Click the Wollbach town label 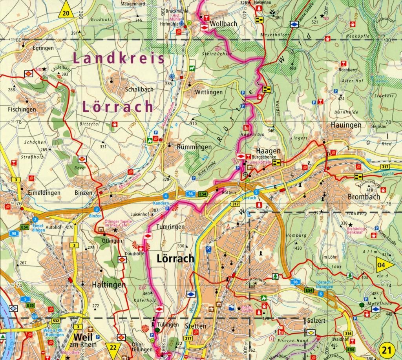click(x=224, y=24)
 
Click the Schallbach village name click(x=139, y=89)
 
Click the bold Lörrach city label click(x=175, y=259)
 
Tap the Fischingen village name click(x=22, y=110)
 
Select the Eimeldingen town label click(x=44, y=193)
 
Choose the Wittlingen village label click(x=209, y=92)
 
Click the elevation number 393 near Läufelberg click(x=65, y=74)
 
